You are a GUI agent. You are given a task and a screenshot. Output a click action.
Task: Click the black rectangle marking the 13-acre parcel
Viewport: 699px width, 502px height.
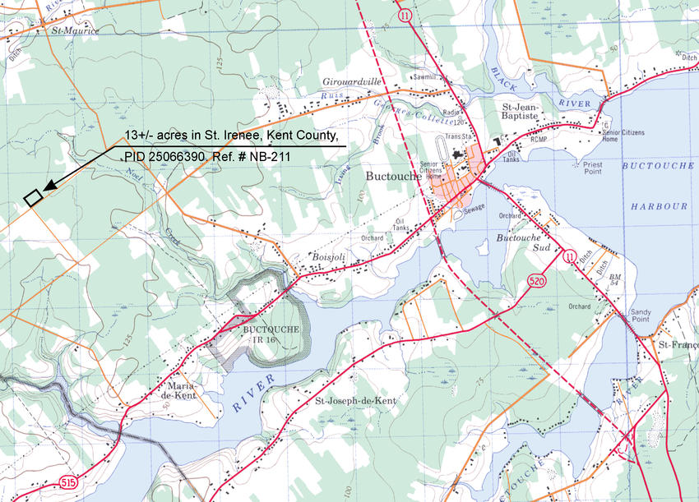[33, 198]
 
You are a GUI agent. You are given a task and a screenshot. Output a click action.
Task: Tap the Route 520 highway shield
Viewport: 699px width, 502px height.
[537, 282]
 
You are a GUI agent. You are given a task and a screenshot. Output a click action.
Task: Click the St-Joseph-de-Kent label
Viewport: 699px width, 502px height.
[356, 401]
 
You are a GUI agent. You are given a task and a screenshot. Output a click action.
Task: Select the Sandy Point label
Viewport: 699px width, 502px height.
[640, 317]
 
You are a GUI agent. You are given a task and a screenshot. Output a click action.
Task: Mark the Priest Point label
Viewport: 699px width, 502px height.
[592, 168]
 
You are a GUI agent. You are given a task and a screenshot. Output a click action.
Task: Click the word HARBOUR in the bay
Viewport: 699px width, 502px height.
[660, 205]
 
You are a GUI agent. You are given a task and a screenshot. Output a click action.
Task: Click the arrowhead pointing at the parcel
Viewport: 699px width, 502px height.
[49, 188]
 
